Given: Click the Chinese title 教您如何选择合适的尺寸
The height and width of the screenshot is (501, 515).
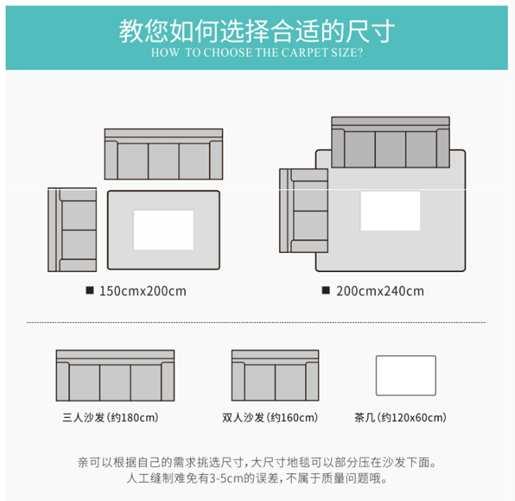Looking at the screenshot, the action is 257,31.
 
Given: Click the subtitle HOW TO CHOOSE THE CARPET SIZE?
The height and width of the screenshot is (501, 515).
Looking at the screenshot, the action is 257,53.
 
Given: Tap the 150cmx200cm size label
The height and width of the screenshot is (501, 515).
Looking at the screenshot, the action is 142,291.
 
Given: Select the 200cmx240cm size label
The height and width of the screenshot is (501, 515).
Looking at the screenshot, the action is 380,291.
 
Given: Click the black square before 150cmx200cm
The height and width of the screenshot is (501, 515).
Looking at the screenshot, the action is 89,291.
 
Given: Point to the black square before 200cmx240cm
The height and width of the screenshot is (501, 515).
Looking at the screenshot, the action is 326,291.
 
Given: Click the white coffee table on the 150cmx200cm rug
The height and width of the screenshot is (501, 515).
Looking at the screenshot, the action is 163,230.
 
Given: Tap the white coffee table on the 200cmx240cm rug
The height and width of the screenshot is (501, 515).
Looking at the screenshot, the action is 390,211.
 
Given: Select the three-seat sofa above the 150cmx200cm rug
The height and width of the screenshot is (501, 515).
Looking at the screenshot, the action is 163,154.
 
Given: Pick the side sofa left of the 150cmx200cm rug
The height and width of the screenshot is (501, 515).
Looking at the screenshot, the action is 72,230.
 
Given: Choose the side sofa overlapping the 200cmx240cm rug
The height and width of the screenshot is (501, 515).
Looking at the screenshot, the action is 304,210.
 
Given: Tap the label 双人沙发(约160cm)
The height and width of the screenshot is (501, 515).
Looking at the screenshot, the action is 270,417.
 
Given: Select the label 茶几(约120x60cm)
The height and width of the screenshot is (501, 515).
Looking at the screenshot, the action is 400,417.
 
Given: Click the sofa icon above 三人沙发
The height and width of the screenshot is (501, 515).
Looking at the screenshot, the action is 115,375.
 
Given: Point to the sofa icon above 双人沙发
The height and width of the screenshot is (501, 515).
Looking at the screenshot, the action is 275,375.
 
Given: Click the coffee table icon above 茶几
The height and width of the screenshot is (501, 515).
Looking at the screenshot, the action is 405,375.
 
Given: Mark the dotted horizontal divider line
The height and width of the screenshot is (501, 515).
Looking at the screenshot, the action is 255,322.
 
